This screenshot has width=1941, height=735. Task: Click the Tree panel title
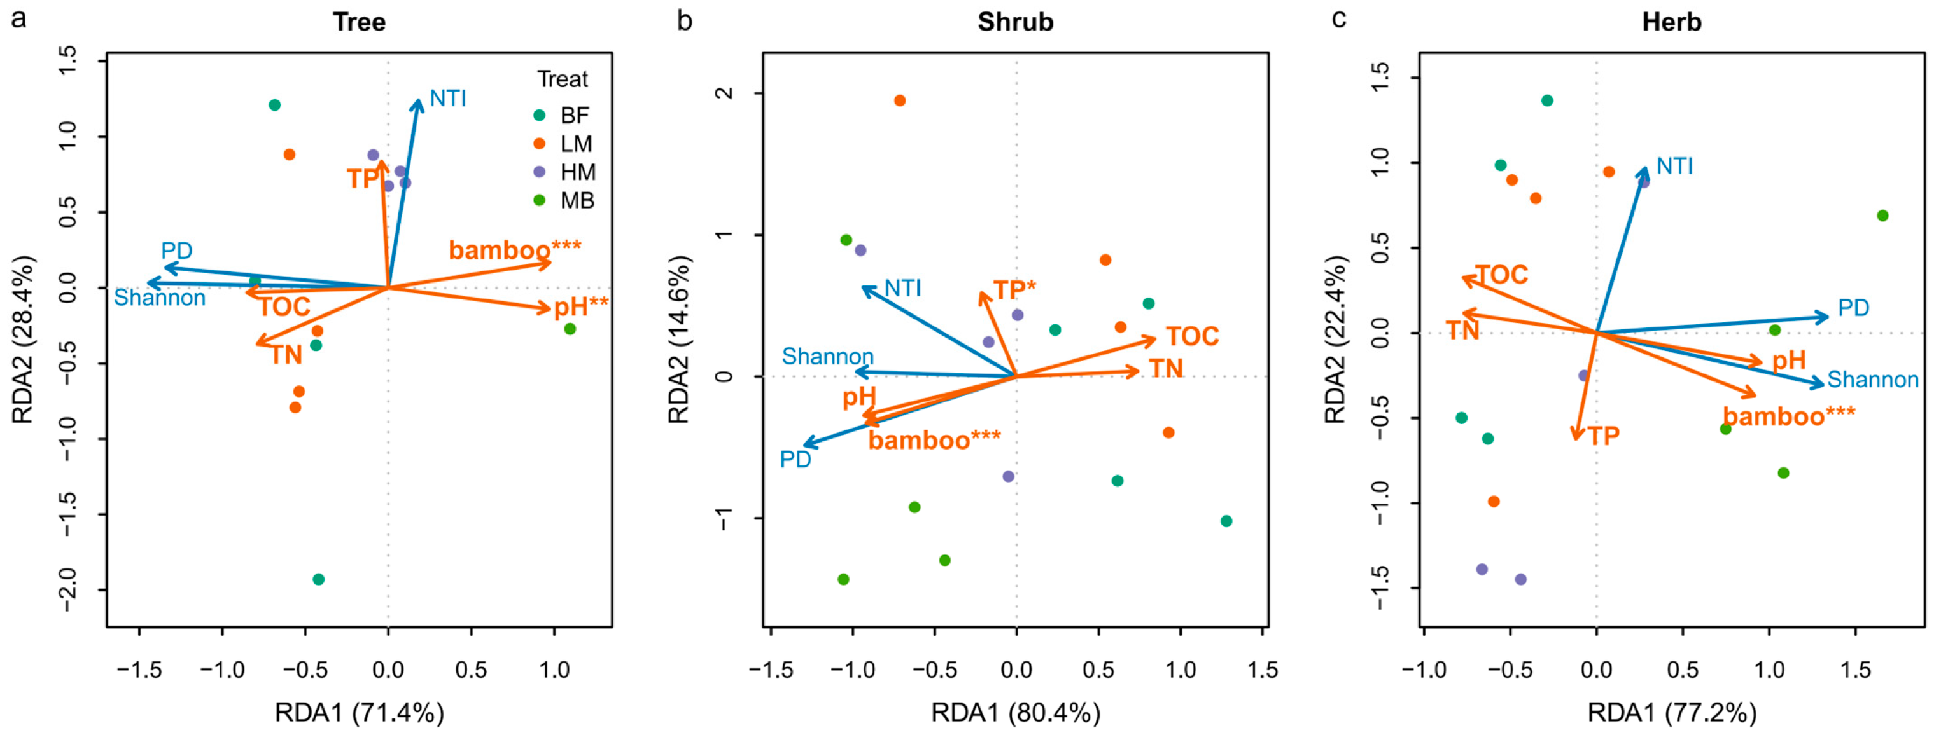tap(360, 22)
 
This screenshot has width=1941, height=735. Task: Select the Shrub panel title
tap(1015, 22)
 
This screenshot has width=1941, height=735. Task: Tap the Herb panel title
tap(1671, 22)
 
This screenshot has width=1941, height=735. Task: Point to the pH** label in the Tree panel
tap(581, 306)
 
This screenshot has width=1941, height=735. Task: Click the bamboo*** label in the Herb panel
tap(1790, 416)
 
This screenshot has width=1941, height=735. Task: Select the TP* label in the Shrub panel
tap(1014, 290)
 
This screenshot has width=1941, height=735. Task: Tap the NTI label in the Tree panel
tap(448, 98)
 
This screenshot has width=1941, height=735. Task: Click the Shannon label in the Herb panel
tap(1872, 380)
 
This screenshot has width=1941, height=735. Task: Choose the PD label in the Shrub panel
tap(795, 458)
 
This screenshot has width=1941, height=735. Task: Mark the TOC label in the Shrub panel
tap(1192, 336)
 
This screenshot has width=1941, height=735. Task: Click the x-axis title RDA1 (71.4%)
tap(360, 711)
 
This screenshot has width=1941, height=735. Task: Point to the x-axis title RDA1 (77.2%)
tap(1672, 711)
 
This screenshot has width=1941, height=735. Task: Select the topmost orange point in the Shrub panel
tap(900, 101)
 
